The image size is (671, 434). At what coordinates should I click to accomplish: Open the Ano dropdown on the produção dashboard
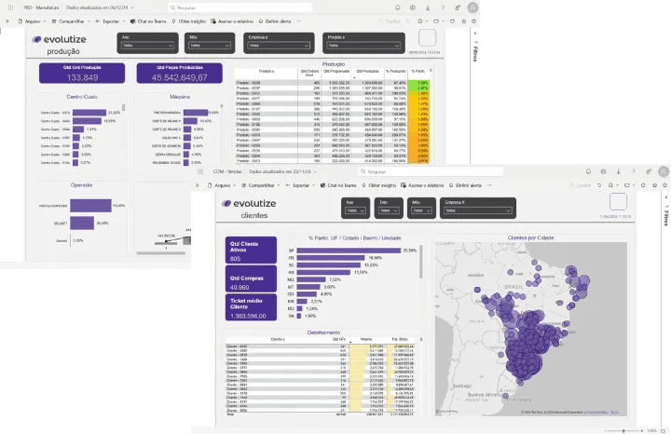click(147, 44)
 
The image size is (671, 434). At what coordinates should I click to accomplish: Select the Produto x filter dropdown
click(363, 44)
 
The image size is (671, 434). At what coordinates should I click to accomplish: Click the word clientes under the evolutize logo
click(254, 216)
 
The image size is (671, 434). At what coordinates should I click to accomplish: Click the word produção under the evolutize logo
click(62, 52)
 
